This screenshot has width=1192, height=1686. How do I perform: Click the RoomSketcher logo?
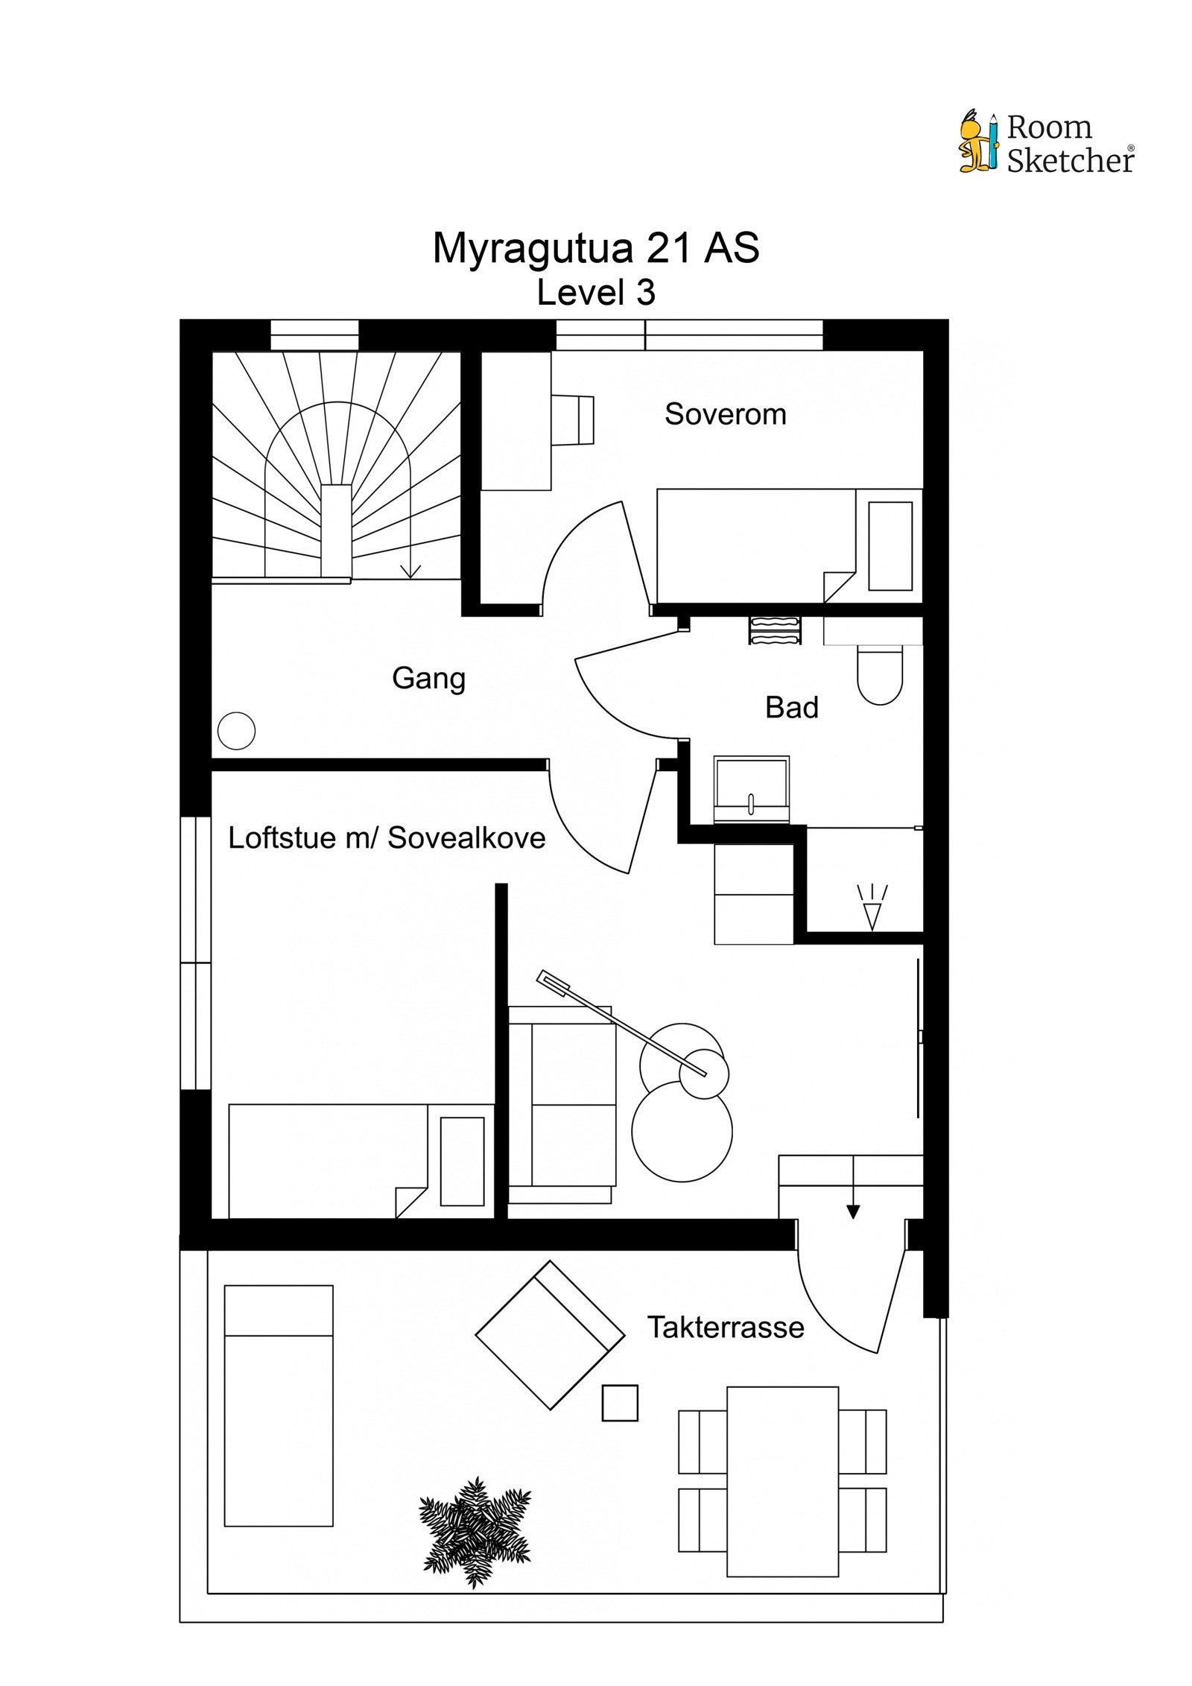1046,143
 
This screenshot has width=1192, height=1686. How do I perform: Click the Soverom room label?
725,414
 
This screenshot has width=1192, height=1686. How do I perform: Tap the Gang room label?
428,678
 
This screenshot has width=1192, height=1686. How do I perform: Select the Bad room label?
791,707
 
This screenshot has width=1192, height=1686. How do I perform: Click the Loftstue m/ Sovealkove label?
386,838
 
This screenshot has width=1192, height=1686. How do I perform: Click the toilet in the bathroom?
879,674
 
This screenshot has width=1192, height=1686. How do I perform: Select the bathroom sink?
751,790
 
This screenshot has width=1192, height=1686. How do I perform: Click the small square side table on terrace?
620,1403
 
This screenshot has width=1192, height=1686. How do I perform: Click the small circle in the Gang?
236,731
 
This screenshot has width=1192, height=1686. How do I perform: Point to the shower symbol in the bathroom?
871,907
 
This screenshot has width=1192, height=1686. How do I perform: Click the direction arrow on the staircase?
410,571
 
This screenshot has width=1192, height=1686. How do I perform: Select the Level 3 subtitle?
596,293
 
